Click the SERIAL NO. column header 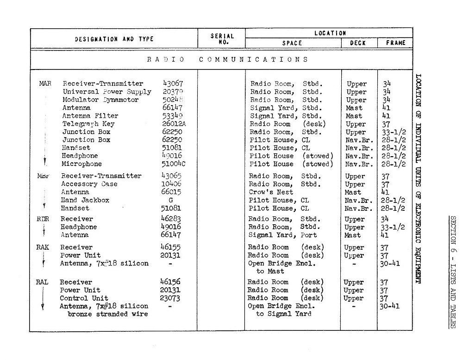pos(222,38)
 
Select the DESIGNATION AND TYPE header pos(114,39)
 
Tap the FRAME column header pos(394,43)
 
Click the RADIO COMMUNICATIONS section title pos(228,59)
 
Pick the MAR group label pos(45,84)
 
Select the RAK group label pos(42,247)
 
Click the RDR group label pos(43,219)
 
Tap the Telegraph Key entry pos(88,124)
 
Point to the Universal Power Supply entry pos(107,92)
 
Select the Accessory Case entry pos(89,184)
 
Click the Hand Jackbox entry pos(85,200)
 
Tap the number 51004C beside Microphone pos(173,164)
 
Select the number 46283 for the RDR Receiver pos(170,219)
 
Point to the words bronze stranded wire pos(104,314)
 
